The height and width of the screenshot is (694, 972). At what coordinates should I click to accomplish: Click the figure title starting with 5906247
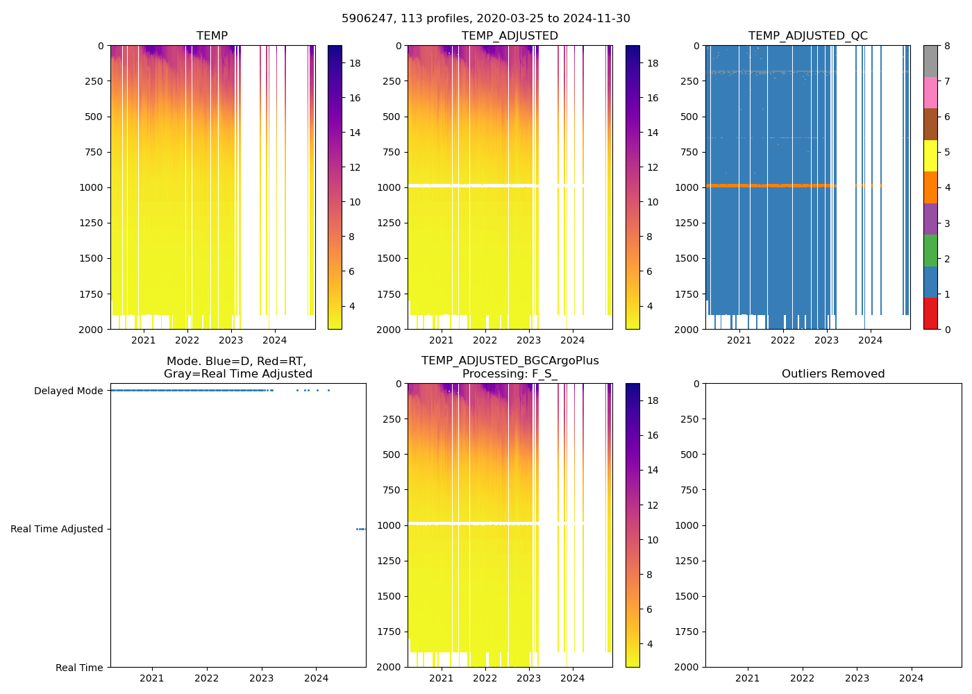click(486, 19)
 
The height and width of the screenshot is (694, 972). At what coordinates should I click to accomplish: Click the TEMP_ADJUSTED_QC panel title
click(807, 35)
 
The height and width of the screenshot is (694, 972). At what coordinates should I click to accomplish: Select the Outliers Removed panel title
click(833, 373)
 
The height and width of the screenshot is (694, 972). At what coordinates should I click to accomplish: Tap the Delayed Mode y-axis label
click(69, 391)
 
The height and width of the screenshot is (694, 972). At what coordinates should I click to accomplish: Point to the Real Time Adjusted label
click(57, 529)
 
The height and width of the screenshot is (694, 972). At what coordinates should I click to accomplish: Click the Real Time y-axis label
click(79, 668)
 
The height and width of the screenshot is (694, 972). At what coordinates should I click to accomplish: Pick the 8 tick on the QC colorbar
click(948, 46)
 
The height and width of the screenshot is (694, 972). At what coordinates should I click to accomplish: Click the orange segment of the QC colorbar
click(930, 187)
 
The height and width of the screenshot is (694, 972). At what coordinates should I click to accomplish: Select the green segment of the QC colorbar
click(930, 251)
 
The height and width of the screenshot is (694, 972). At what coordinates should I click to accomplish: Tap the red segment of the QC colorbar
click(930, 314)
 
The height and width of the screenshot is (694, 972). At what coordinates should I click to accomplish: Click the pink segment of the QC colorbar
click(930, 92)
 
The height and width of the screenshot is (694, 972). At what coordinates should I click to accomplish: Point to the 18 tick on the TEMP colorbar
click(355, 63)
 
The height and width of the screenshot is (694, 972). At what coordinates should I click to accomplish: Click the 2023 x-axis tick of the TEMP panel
click(231, 340)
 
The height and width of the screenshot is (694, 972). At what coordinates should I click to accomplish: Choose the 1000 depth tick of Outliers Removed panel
click(688, 525)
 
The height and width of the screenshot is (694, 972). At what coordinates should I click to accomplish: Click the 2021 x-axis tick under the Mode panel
click(152, 678)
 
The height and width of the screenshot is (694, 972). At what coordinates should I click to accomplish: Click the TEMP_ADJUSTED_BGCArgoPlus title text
click(510, 361)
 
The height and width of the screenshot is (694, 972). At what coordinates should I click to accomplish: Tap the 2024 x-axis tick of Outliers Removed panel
click(912, 678)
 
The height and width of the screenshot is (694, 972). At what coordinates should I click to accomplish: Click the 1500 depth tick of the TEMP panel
click(93, 258)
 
